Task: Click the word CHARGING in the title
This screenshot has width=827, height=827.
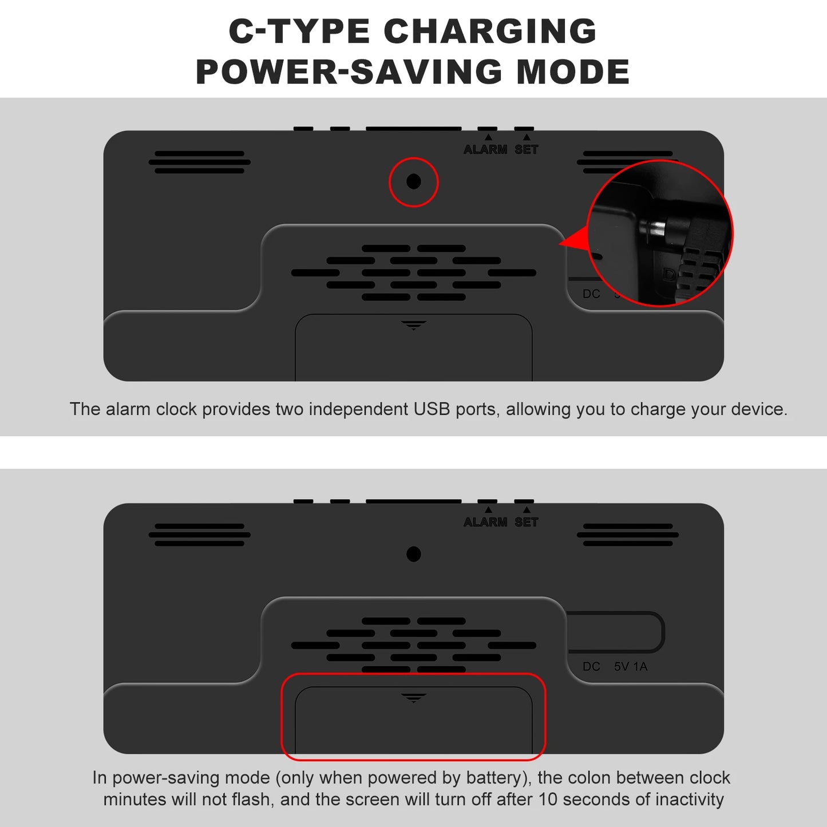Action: pyautogui.click(x=490, y=31)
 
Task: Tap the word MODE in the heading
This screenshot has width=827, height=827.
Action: pyautogui.click(x=573, y=72)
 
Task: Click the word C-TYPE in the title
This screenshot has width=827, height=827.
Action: pyautogui.click(x=299, y=31)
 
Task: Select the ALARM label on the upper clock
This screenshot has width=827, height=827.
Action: pyautogui.click(x=485, y=149)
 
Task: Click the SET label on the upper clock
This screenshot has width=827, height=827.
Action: pyautogui.click(x=526, y=149)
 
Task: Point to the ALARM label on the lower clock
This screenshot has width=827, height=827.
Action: pyautogui.click(x=485, y=522)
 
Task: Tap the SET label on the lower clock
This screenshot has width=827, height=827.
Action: pyautogui.click(x=526, y=522)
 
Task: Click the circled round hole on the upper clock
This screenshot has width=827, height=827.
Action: pyautogui.click(x=413, y=181)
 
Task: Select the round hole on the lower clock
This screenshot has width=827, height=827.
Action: pyautogui.click(x=413, y=554)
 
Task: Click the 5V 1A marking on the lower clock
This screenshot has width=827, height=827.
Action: pyautogui.click(x=631, y=667)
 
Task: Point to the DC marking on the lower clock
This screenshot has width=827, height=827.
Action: pyautogui.click(x=591, y=667)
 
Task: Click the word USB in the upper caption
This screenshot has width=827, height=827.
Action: pyautogui.click(x=432, y=409)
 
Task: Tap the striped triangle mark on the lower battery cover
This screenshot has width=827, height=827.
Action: pyautogui.click(x=413, y=698)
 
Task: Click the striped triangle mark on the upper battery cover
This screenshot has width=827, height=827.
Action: pyautogui.click(x=413, y=325)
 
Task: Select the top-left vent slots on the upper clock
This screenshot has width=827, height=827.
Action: pyautogui.click(x=200, y=162)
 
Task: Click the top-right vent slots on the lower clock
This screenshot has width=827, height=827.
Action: pyautogui.click(x=628, y=535)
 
